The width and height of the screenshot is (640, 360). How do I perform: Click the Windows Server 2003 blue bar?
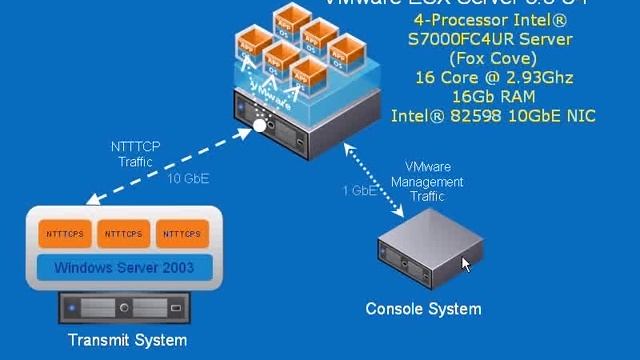[125, 268]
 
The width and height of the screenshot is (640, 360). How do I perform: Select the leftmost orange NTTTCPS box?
[67, 234]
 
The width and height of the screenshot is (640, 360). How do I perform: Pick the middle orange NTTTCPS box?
[124, 234]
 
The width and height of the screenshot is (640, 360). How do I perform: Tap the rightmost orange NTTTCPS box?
[181, 234]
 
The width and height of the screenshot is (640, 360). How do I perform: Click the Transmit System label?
[127, 341]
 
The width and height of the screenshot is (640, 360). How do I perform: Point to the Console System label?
[423, 309]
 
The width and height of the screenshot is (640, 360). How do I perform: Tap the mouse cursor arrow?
[466, 264]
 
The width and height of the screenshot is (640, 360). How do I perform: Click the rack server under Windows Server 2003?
[125, 307]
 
